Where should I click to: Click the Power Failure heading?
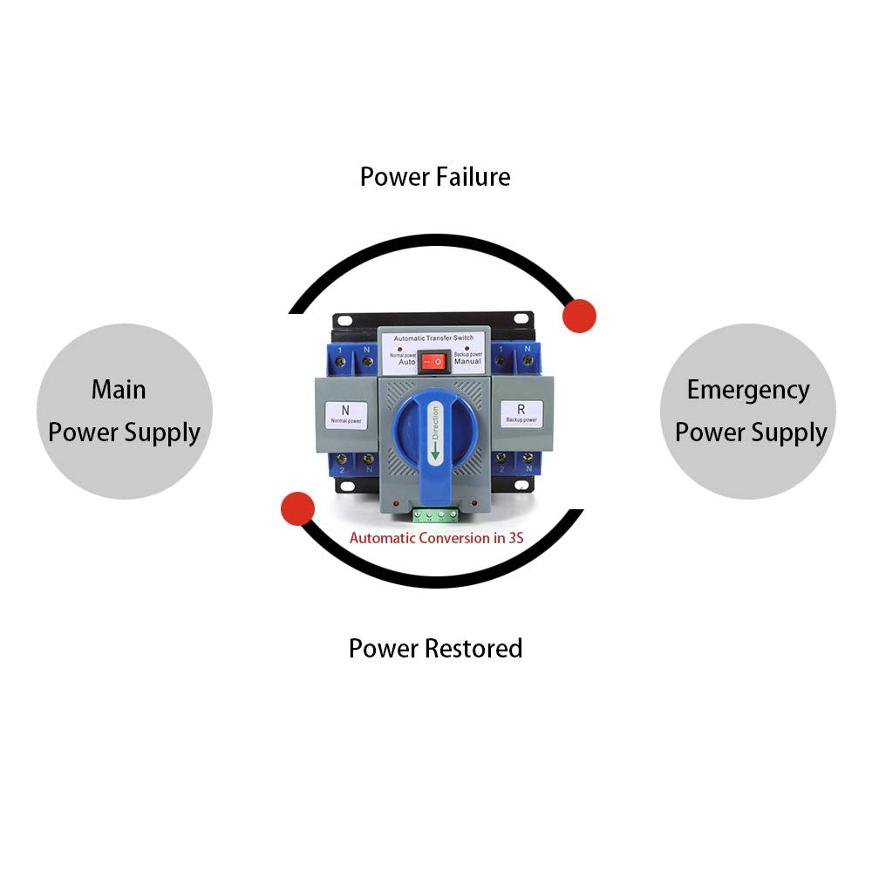coord(435,177)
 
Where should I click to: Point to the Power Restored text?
coord(435,649)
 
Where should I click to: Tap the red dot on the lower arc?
coord(297,508)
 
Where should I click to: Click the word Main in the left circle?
coord(119,390)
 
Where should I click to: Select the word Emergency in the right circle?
coord(748,390)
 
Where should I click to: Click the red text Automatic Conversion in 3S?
coord(436,538)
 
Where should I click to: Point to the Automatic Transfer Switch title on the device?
coord(433,337)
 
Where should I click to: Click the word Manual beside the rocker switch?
coord(467,361)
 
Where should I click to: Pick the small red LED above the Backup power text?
coord(467,347)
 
